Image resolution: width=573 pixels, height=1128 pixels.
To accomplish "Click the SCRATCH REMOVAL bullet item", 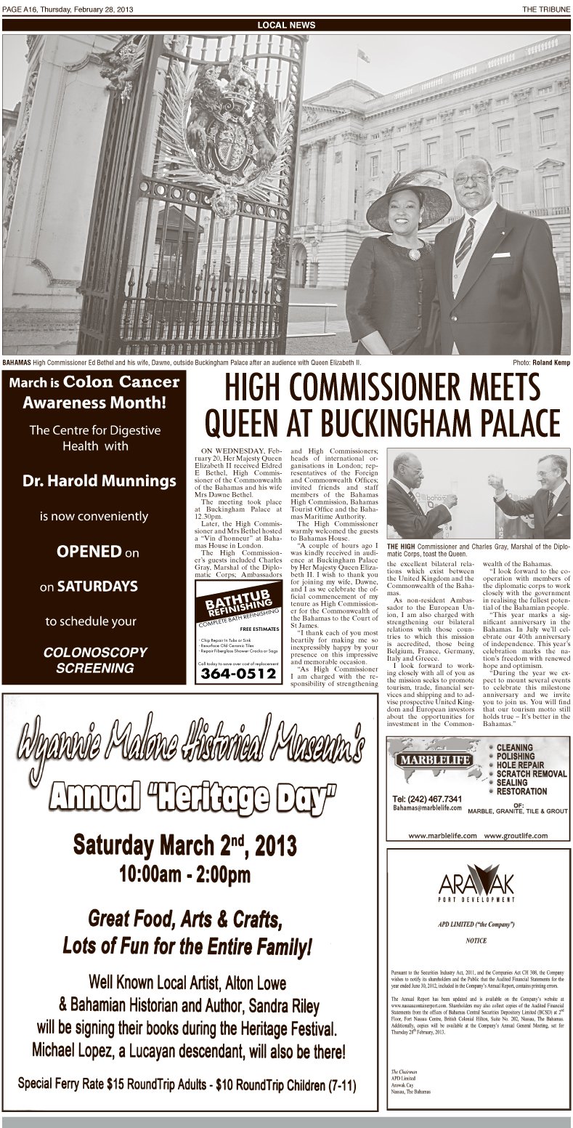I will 531,774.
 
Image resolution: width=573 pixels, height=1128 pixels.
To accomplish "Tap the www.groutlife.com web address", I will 516,836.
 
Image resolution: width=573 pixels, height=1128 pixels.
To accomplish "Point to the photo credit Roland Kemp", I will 551,362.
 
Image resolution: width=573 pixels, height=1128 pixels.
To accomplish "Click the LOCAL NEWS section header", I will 286,25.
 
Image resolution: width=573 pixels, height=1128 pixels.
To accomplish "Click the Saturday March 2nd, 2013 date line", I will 184,845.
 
